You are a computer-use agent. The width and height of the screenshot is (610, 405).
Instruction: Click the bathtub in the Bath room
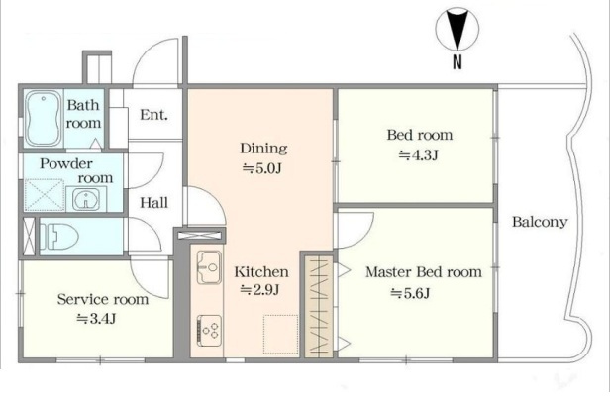pyautogui.click(x=44, y=118)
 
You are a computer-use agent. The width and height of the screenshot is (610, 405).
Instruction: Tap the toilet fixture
pyautogui.click(x=59, y=236)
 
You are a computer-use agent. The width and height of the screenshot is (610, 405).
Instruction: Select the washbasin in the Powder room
pyautogui.click(x=86, y=199)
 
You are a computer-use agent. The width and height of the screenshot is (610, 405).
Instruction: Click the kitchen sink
pyautogui.click(x=209, y=267)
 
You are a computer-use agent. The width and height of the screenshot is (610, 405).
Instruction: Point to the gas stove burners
pyautogui.click(x=209, y=331)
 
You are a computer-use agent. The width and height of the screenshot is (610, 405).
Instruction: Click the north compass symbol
pyautogui.click(x=457, y=30)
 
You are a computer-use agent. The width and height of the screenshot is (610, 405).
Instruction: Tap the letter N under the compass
pyautogui.click(x=457, y=62)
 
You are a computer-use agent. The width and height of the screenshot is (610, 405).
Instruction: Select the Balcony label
pyautogui.click(x=540, y=222)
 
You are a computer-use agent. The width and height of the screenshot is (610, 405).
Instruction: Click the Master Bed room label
pyautogui.click(x=424, y=272)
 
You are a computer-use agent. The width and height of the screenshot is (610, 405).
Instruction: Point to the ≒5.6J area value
pyautogui.click(x=410, y=293)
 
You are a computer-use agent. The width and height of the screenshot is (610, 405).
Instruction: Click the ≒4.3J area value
pyautogui.click(x=419, y=155)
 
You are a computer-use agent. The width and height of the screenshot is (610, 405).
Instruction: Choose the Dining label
pyautogui.click(x=263, y=148)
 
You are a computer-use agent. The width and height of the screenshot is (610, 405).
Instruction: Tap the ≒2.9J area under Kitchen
pyautogui.click(x=259, y=290)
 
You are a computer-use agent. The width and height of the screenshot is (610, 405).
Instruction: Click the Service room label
pyautogui.click(x=103, y=299)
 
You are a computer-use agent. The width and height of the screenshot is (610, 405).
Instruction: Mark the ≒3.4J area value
pyautogui.click(x=96, y=319)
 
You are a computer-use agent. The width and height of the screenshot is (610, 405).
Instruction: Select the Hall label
pyautogui.click(x=154, y=202)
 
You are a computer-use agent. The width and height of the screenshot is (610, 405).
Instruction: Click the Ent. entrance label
pyautogui.click(x=154, y=115)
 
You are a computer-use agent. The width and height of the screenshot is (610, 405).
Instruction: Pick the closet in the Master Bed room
pyautogui.click(x=319, y=307)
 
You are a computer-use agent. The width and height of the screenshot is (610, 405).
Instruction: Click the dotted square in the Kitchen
pyautogui.click(x=281, y=334)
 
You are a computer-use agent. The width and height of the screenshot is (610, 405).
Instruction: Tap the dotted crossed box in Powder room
pyautogui.click(x=45, y=194)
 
